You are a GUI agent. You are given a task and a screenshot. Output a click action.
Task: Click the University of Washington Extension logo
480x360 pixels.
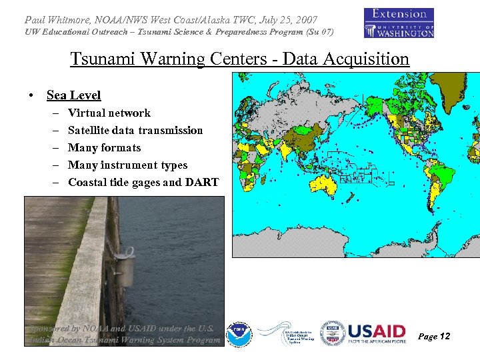(399, 23)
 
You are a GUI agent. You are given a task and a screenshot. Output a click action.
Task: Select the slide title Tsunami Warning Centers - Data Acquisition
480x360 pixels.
(239, 59)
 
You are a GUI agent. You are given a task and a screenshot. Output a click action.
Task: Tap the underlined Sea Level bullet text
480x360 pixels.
(73, 95)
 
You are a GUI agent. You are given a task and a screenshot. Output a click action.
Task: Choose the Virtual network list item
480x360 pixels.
(109, 113)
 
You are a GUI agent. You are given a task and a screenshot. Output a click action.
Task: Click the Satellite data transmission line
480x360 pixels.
(135, 131)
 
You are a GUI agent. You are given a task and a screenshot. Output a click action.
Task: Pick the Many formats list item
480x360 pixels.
(104, 148)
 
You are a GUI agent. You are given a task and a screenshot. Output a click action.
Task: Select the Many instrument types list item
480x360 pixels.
(127, 165)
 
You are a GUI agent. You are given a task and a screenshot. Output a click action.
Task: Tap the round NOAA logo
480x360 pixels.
(239, 334)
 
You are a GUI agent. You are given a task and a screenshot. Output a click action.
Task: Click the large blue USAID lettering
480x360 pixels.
(376, 331)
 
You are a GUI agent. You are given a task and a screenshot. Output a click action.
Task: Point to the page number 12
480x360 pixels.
(443, 337)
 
